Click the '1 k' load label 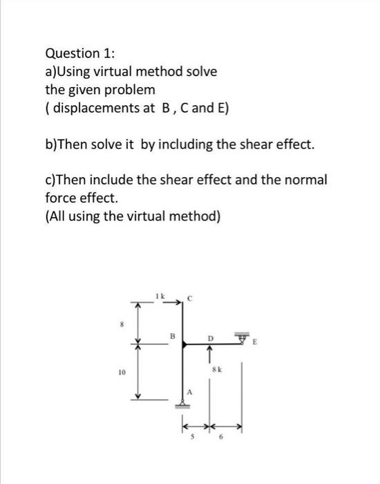162,296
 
